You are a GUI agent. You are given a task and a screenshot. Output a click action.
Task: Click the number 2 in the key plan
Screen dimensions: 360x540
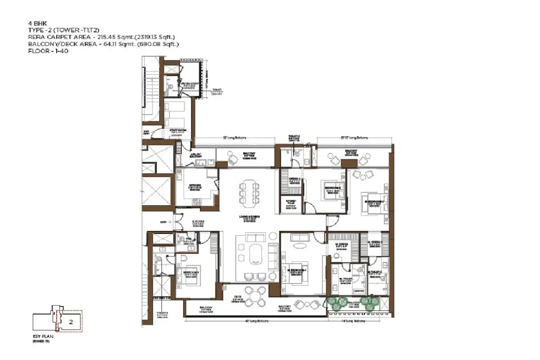coord(71,322)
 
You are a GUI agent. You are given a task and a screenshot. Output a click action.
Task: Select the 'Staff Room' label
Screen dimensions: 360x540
coord(178,130)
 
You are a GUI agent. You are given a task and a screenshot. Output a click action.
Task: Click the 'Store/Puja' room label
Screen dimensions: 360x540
coord(290,202)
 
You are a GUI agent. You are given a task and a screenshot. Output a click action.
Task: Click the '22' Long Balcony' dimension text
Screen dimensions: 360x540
coord(235,138)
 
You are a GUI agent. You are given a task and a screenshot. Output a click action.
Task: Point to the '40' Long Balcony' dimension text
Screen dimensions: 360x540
coord(256,321)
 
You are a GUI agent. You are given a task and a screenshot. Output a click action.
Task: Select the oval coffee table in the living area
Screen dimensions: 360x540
coord(254,255)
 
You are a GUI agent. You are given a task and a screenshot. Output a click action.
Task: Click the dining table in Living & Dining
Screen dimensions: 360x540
coord(249,191)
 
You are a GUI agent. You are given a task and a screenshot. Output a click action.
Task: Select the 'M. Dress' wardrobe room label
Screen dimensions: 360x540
coord(342,246)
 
